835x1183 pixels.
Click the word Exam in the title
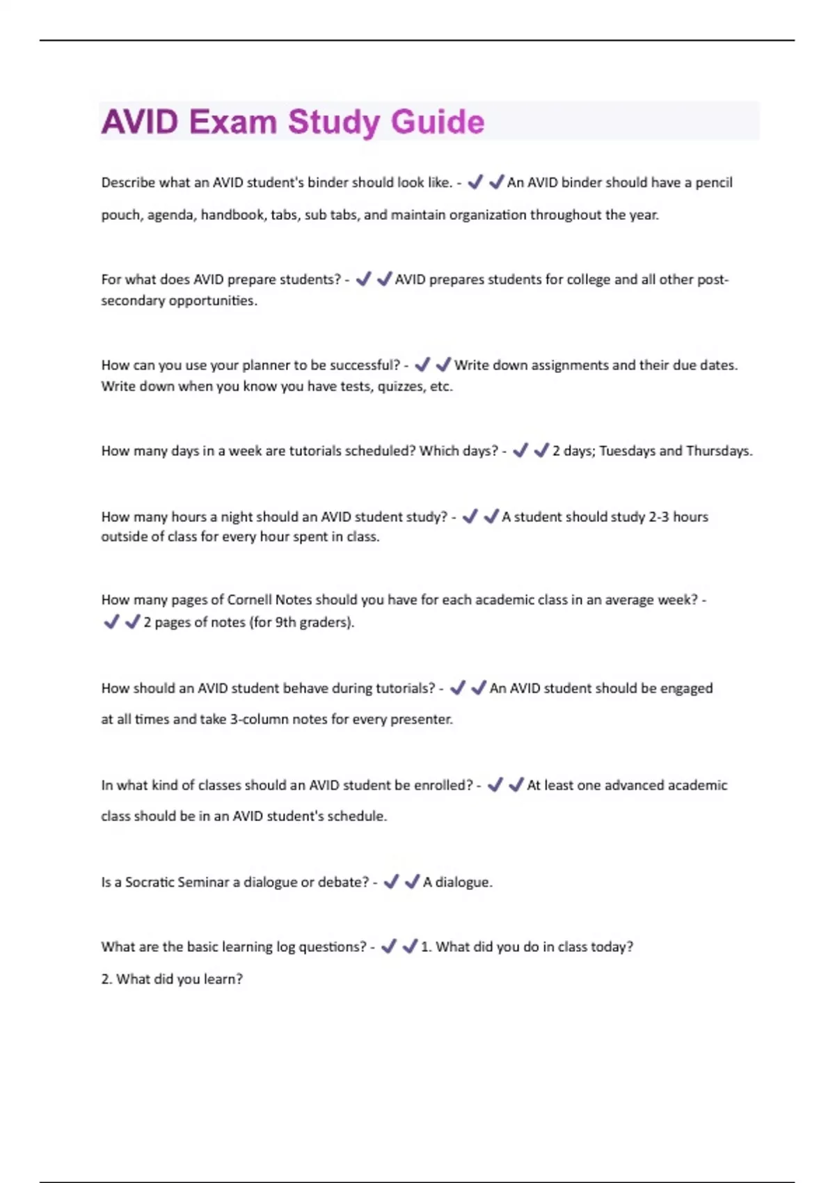pyautogui.click(x=232, y=122)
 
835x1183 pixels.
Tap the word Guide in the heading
pyautogui.click(x=437, y=122)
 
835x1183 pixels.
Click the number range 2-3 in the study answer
pyautogui.click(x=658, y=516)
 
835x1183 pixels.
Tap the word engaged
pyautogui.click(x=686, y=688)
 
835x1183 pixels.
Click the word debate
pyautogui.click(x=342, y=882)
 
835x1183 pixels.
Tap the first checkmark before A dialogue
pyautogui.click(x=391, y=882)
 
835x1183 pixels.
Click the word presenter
pyautogui.click(x=421, y=720)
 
